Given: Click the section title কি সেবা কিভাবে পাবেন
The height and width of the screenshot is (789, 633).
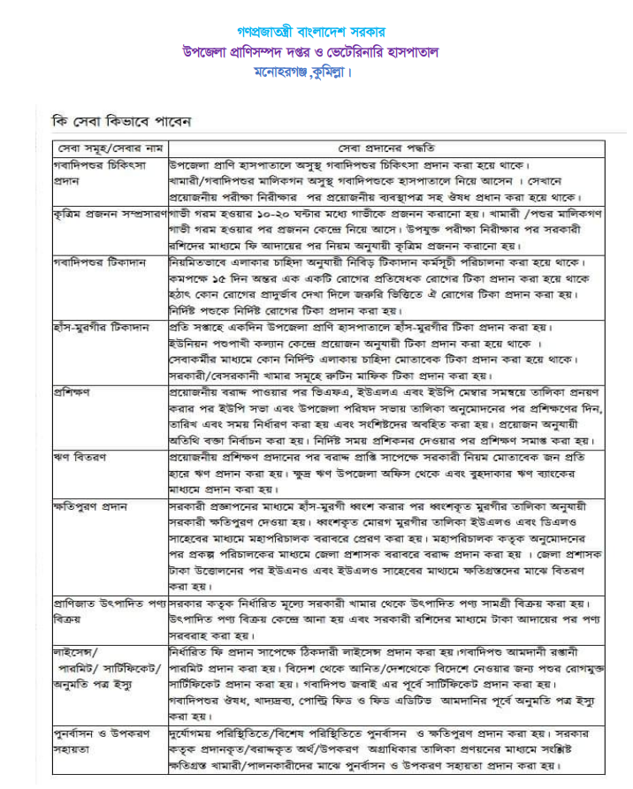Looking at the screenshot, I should pos(122,121).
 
